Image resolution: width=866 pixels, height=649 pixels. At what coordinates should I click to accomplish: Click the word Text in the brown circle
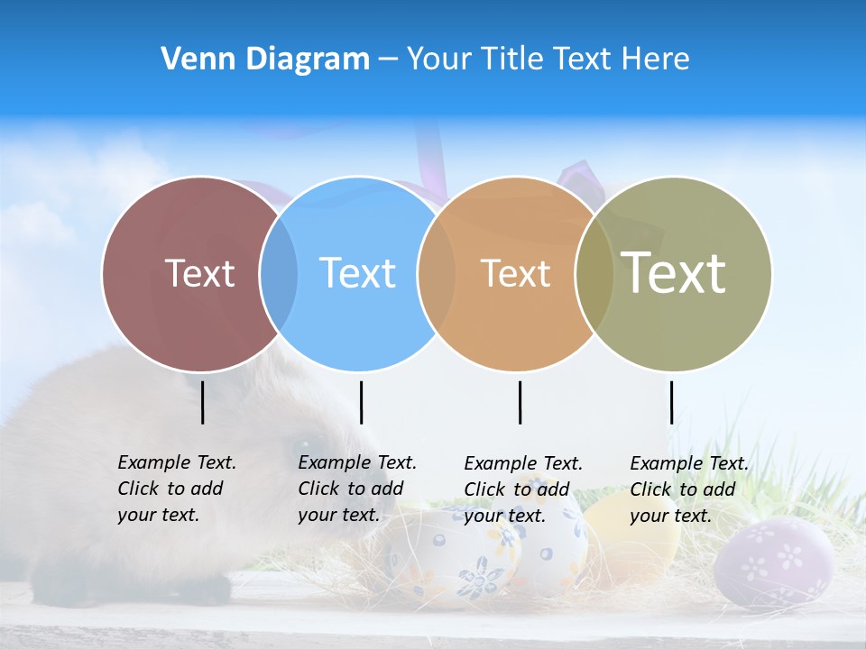tap(199, 273)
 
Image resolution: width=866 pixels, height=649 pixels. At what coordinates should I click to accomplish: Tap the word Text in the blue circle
tap(357, 273)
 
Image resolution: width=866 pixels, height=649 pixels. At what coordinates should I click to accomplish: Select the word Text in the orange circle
tap(515, 273)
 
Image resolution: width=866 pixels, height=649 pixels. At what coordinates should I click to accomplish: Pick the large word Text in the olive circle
tap(674, 273)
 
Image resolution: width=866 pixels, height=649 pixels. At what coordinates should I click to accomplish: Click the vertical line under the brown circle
tap(203, 402)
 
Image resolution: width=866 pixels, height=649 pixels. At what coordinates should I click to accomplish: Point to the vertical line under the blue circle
tap(361, 402)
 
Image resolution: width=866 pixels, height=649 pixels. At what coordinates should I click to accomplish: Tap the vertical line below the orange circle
tap(520, 402)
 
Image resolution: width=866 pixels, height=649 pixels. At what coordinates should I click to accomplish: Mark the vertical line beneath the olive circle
tap(671, 402)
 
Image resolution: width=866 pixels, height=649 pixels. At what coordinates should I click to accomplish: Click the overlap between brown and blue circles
tap(279, 273)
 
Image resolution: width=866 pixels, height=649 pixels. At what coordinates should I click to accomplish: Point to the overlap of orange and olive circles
tap(594, 273)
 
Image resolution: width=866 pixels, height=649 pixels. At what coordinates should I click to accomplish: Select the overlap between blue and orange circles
tap(437, 273)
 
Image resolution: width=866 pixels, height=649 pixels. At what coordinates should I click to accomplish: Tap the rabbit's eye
tap(299, 444)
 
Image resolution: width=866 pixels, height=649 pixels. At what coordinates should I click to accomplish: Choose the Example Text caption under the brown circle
tap(176, 489)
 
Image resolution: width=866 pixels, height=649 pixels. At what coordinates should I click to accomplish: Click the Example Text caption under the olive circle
tap(688, 489)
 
